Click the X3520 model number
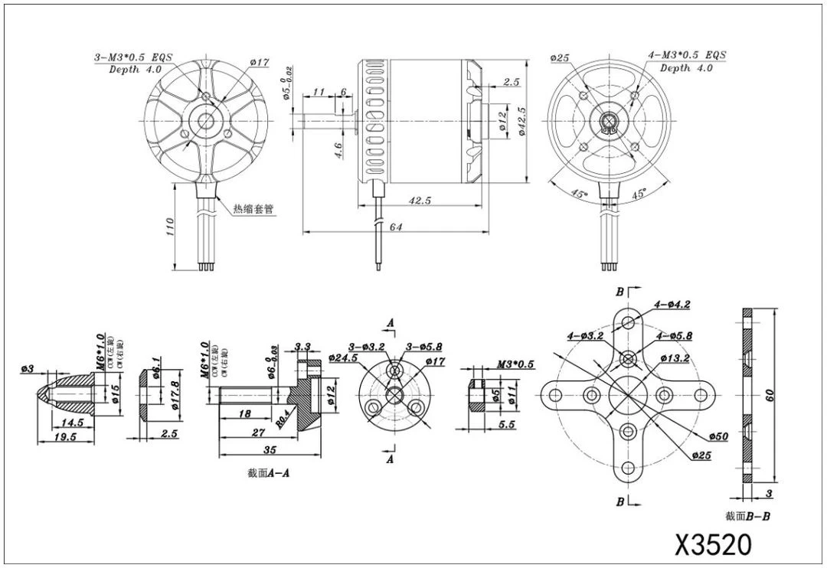[713, 544]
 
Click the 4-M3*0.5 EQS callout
[686, 55]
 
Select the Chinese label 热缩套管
[253, 208]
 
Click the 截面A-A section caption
[268, 473]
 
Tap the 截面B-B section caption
[747, 517]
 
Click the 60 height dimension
[770, 394]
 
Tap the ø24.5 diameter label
[342, 357]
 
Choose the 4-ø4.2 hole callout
[672, 304]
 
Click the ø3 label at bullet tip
[28, 370]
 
